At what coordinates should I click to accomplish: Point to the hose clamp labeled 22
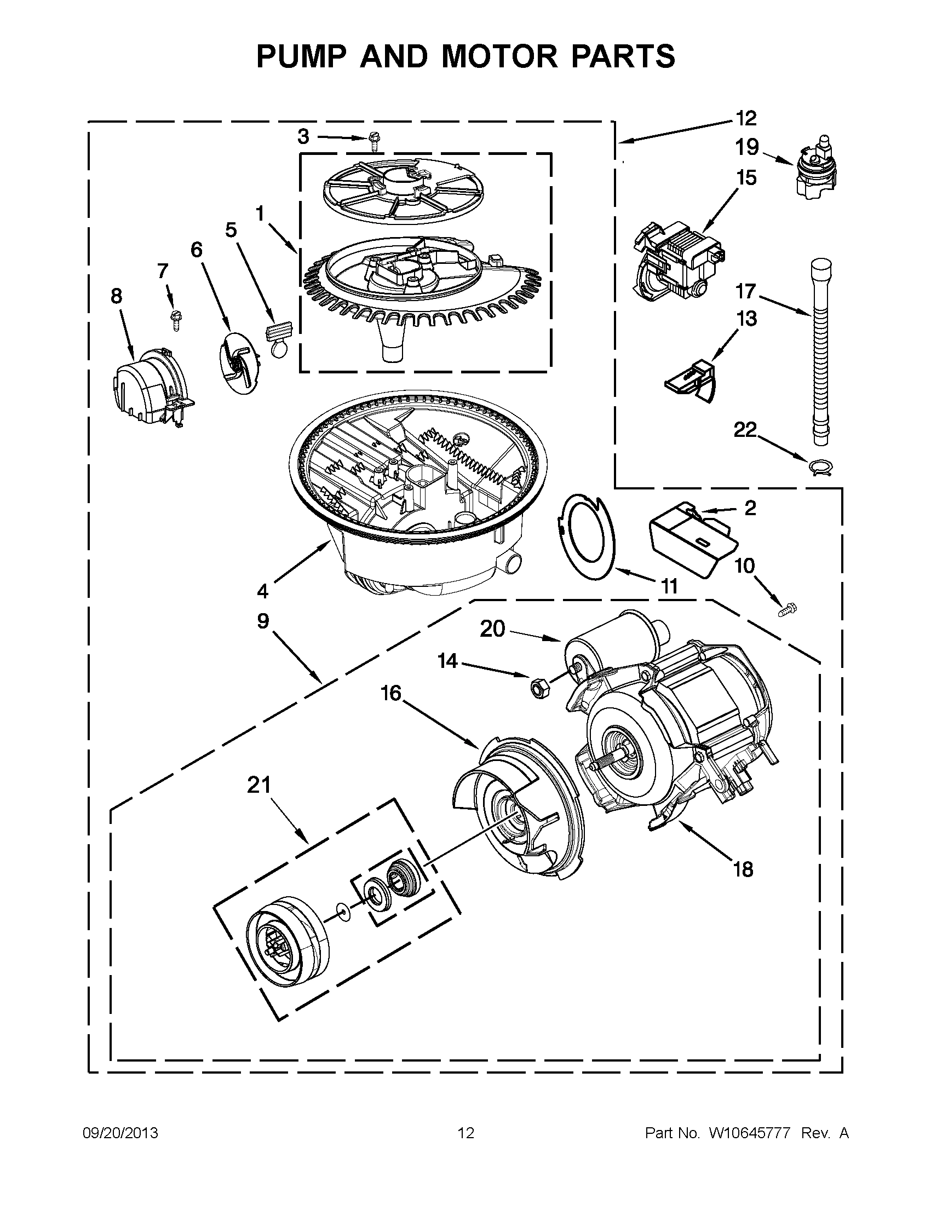coord(819,467)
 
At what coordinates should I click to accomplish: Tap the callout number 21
coord(259,785)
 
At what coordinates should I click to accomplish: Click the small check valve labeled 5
coord(278,339)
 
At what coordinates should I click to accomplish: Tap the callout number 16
coord(390,693)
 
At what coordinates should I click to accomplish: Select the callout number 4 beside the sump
coord(263,591)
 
